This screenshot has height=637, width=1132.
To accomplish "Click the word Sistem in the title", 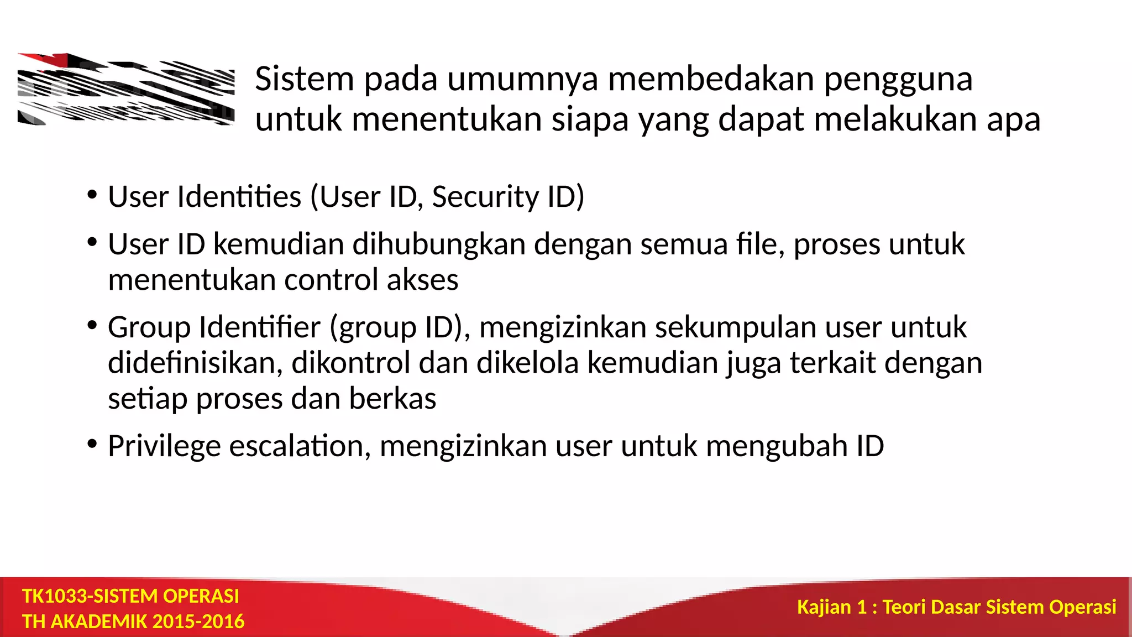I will pos(304,79).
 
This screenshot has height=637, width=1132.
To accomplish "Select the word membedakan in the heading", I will pos(711,79).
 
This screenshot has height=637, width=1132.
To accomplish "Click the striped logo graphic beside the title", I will pos(126,90).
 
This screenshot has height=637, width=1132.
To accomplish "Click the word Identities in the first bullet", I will pos(239,197).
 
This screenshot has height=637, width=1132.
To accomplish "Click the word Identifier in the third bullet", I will pos(259,327).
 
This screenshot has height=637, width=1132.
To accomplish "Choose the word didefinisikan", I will pos(195,363).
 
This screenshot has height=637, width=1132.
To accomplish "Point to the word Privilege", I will pos(164,446).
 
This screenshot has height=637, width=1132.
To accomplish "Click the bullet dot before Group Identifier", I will pos(92,325).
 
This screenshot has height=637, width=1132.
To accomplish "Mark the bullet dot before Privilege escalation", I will pos(92,444).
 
